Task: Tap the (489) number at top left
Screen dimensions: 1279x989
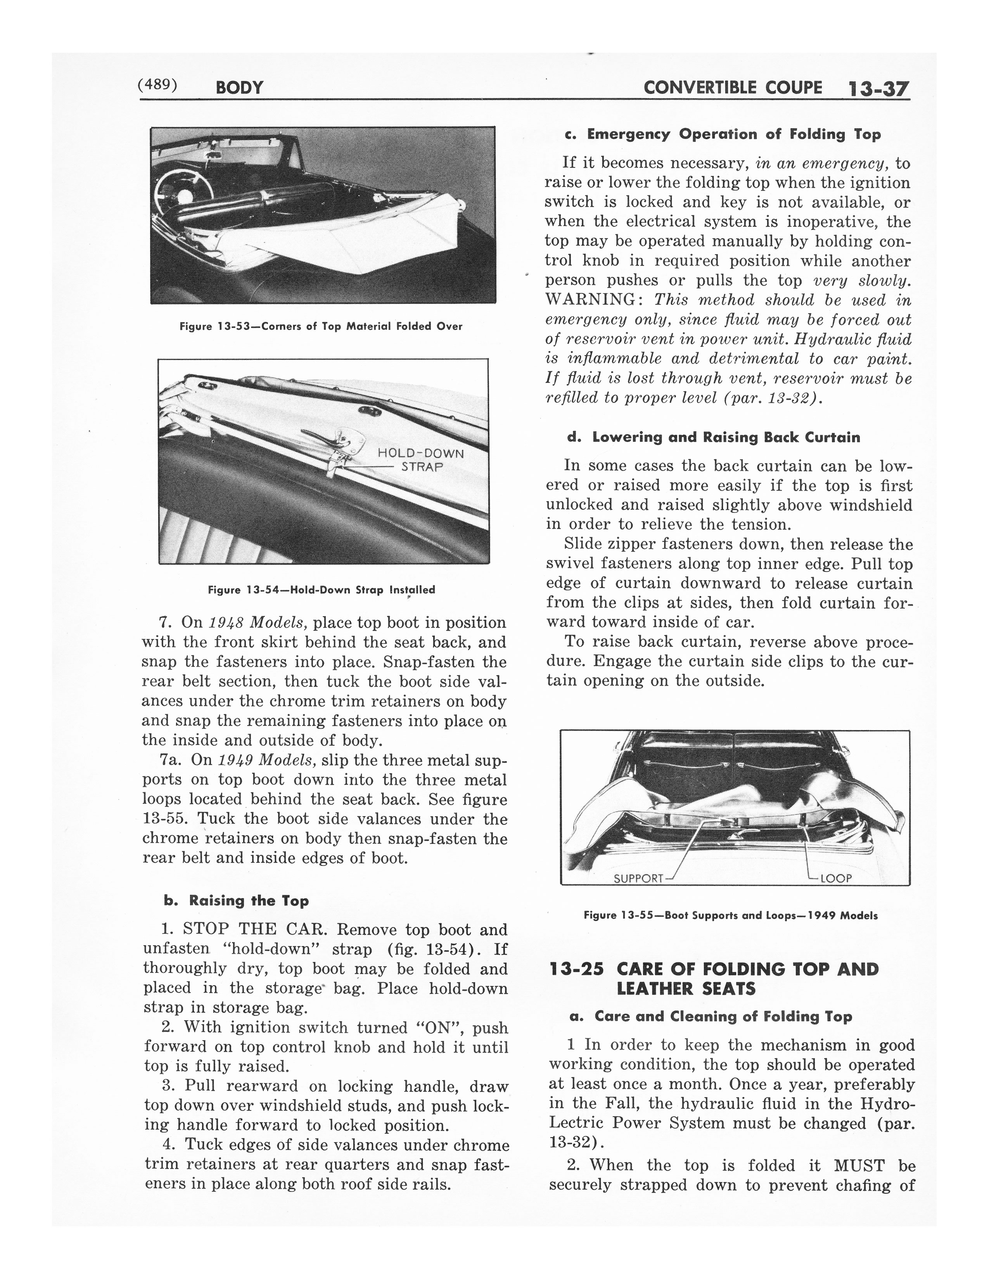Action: (x=157, y=85)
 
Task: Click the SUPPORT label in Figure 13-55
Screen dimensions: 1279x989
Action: (x=638, y=878)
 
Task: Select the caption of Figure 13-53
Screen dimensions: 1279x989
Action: (x=320, y=326)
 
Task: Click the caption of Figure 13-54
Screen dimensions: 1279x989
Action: (x=322, y=590)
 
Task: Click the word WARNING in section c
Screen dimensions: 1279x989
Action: (x=591, y=300)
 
